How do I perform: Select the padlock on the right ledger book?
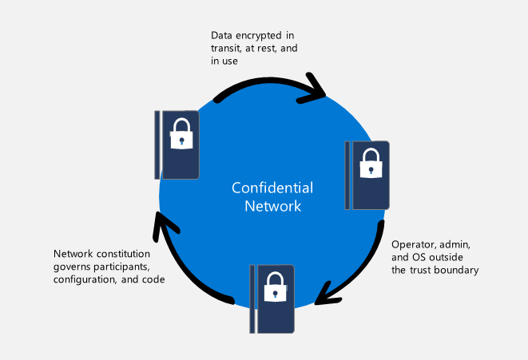(x=370, y=164)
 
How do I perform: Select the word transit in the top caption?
(x=226, y=49)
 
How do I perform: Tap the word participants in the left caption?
(x=120, y=267)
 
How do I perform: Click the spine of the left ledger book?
(x=157, y=144)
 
